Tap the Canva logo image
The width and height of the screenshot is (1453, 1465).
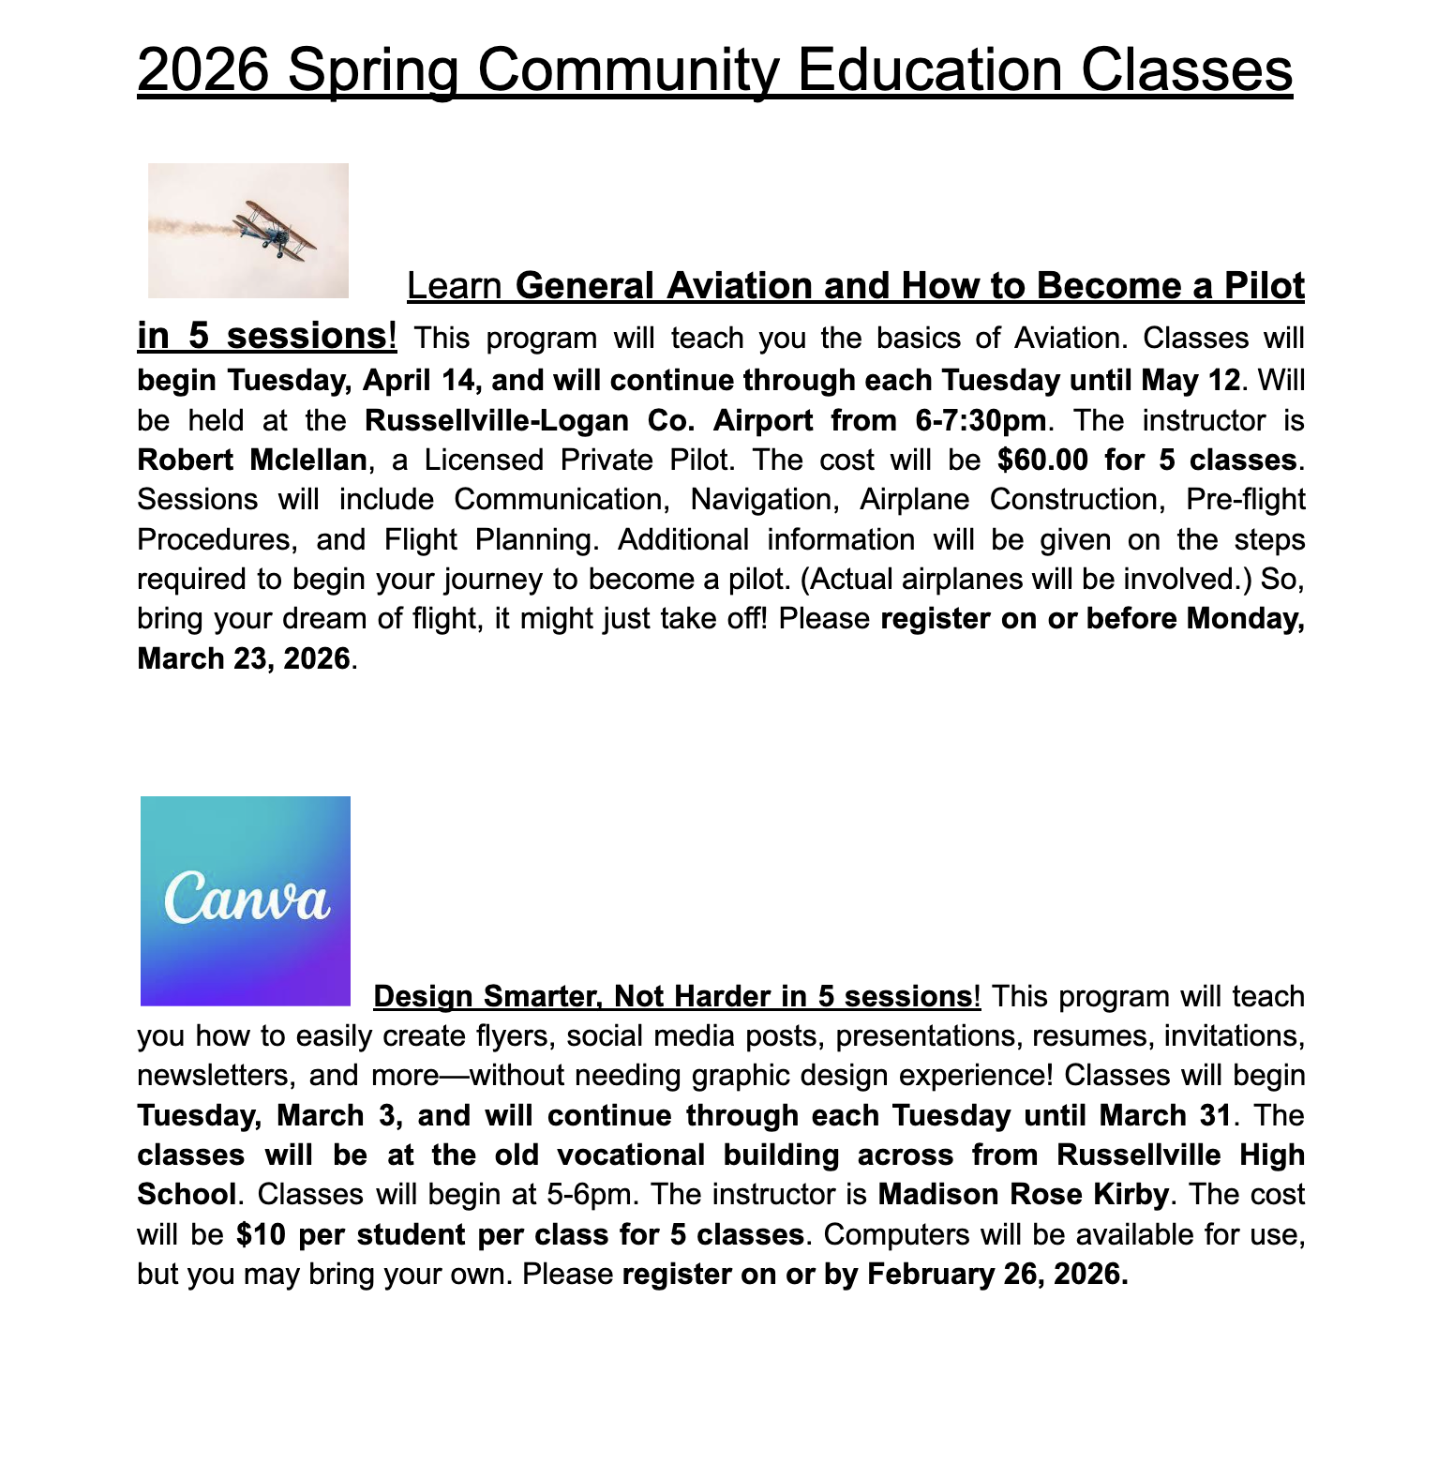[246, 900]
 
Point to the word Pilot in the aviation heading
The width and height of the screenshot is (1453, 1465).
[1264, 286]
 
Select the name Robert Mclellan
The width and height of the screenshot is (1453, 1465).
[251, 460]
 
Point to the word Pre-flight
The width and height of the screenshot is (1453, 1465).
[1245, 499]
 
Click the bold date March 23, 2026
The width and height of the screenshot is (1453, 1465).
[244, 658]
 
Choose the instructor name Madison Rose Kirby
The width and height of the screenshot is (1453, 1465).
[1024, 1194]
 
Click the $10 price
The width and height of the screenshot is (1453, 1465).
[260, 1234]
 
